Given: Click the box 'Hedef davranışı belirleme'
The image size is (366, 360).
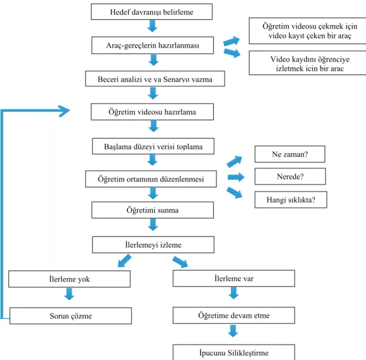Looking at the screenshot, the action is click(152, 12).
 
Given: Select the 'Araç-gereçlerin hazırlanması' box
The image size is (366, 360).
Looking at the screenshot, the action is click(153, 45).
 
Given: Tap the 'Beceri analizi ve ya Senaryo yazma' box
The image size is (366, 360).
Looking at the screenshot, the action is click(155, 79).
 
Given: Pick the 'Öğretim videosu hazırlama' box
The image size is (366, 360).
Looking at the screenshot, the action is click(152, 112).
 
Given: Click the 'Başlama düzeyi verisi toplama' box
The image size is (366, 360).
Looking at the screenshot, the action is click(153, 146).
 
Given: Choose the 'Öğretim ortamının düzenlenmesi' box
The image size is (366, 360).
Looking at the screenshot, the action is click(151, 179).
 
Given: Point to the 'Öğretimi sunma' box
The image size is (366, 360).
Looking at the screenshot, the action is click(153, 210).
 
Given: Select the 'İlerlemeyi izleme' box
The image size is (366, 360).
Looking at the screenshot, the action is click(153, 245).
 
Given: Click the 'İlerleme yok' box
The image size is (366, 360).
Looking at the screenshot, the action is click(69, 279).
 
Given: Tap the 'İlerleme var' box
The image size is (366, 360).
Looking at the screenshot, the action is click(234, 278).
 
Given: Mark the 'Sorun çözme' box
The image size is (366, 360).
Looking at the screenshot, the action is click(71, 316).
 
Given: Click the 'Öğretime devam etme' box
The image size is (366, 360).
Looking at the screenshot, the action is click(234, 315).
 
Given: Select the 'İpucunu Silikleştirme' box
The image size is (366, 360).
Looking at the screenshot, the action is click(234, 352).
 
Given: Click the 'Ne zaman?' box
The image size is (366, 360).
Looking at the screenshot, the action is click(290, 154).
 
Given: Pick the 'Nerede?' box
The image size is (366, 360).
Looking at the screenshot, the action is click(290, 176).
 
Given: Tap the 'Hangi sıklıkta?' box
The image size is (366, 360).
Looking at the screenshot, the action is click(291, 200).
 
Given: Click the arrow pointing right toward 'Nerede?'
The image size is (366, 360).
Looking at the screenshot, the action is click(236, 177).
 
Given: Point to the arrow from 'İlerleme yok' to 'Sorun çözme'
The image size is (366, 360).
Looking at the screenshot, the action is click(69, 294).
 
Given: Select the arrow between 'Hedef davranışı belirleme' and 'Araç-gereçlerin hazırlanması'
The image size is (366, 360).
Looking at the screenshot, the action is click(152, 26).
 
